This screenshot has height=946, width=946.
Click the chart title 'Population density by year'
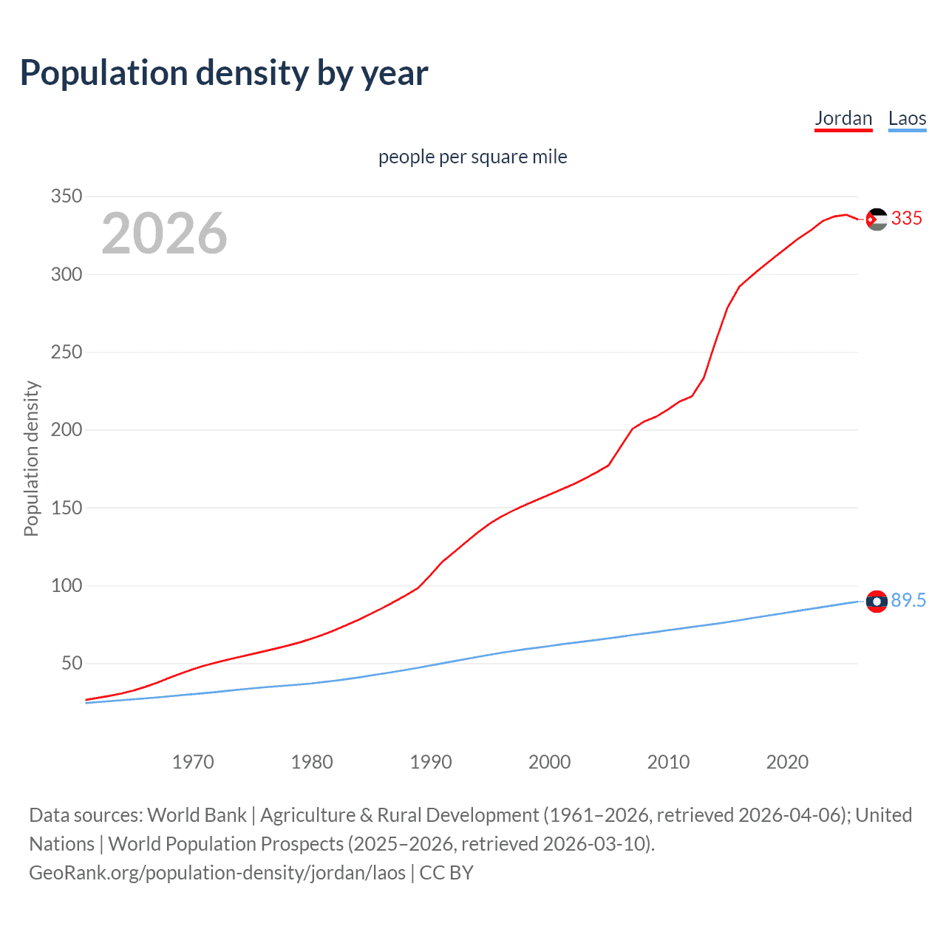coord(224,73)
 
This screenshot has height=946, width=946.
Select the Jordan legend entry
coord(843,119)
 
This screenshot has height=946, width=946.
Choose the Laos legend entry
coord(907,119)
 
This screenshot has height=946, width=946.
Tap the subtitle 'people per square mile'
coord(472,157)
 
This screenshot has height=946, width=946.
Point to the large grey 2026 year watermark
coord(164,234)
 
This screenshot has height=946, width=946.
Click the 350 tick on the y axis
coord(66,197)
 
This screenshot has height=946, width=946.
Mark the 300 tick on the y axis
coord(66,274)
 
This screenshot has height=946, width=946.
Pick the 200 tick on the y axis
coord(66,430)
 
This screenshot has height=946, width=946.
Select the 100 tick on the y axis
coord(66,586)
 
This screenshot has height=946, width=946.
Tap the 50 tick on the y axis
coord(72,664)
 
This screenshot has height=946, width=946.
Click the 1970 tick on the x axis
coord(193,762)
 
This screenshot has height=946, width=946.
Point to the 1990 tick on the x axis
coord(431,762)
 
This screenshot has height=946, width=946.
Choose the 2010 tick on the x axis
coord(668,762)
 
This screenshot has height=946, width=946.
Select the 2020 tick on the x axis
coord(787,762)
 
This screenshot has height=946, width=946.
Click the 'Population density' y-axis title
coord(31,458)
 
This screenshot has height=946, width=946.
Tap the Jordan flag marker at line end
coord(877,219)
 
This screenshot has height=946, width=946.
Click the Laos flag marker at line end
coord(877,602)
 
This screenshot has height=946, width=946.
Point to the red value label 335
coord(907,219)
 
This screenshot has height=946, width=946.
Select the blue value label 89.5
coord(908,601)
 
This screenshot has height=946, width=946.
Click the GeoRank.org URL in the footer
coord(217,873)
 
